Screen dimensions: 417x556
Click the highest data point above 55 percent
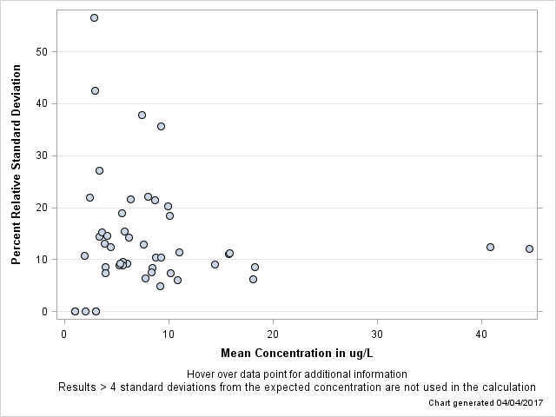tap(94, 17)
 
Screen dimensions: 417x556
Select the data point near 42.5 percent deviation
tap(95, 90)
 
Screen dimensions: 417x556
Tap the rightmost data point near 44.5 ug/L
tap(529, 248)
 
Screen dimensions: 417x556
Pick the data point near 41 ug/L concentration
tap(490, 247)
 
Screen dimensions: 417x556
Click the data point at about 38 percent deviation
tap(142, 115)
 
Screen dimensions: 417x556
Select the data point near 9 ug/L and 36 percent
tap(161, 126)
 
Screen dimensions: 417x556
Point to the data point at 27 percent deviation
tap(99, 170)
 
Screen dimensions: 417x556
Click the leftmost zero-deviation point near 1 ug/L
tap(75, 311)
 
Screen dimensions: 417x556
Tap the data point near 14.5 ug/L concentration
tap(215, 264)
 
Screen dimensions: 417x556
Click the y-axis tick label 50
tap(41, 51)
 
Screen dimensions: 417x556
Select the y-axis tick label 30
tap(41, 156)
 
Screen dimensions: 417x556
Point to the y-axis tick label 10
tap(41, 260)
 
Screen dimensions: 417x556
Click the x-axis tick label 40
tap(481, 334)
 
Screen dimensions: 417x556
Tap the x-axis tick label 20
tap(273, 334)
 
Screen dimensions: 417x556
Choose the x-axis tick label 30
tap(377, 334)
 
